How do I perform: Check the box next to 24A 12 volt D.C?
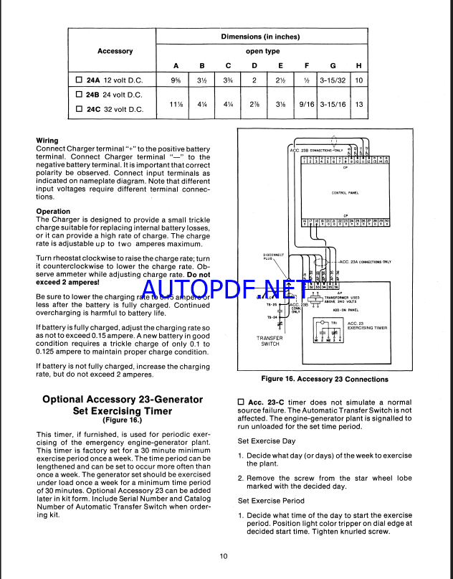click(x=80, y=79)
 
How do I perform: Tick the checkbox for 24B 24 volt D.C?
click(x=80, y=94)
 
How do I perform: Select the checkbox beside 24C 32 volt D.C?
click(x=80, y=109)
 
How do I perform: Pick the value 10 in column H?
click(x=359, y=80)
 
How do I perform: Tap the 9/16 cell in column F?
click(x=306, y=104)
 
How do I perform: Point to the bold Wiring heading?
click(x=47, y=141)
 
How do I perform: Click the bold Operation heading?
click(x=53, y=212)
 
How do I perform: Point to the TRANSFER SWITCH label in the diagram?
click(x=270, y=340)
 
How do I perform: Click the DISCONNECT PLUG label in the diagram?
click(x=275, y=257)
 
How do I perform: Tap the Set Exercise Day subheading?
click(x=266, y=441)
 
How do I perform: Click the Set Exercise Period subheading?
click(x=272, y=501)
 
